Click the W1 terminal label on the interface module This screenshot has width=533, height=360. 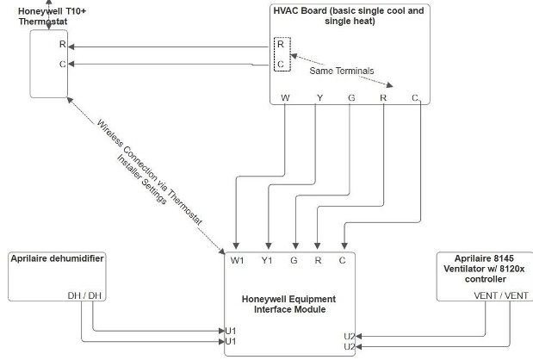[x=237, y=259]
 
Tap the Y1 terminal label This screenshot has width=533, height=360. [x=268, y=259]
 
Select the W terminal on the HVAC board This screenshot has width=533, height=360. [x=285, y=98]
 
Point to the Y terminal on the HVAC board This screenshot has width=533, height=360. [x=319, y=98]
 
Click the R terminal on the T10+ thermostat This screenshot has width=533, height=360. [x=62, y=43]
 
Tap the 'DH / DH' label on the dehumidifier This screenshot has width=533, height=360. [x=84, y=295]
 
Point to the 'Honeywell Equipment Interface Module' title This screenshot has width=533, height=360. [x=288, y=304]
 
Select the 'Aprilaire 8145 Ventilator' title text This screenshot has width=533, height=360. [x=485, y=263]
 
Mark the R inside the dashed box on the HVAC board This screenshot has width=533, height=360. [x=279, y=43]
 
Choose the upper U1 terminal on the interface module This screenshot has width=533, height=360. [x=231, y=330]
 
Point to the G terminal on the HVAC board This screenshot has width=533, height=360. [x=351, y=98]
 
